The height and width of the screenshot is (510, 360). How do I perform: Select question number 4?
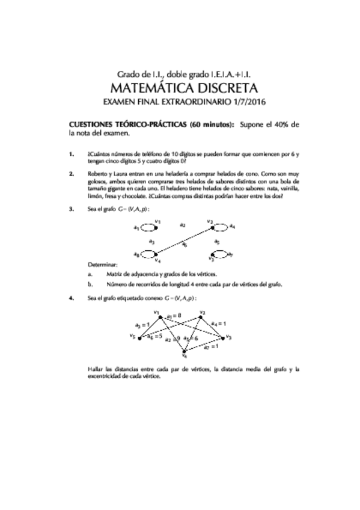point(72,298)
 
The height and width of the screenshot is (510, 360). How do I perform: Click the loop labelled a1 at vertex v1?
point(149,228)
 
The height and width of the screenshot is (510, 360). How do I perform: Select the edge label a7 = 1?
point(212,346)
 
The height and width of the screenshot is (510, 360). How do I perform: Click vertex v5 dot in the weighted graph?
point(139,338)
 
